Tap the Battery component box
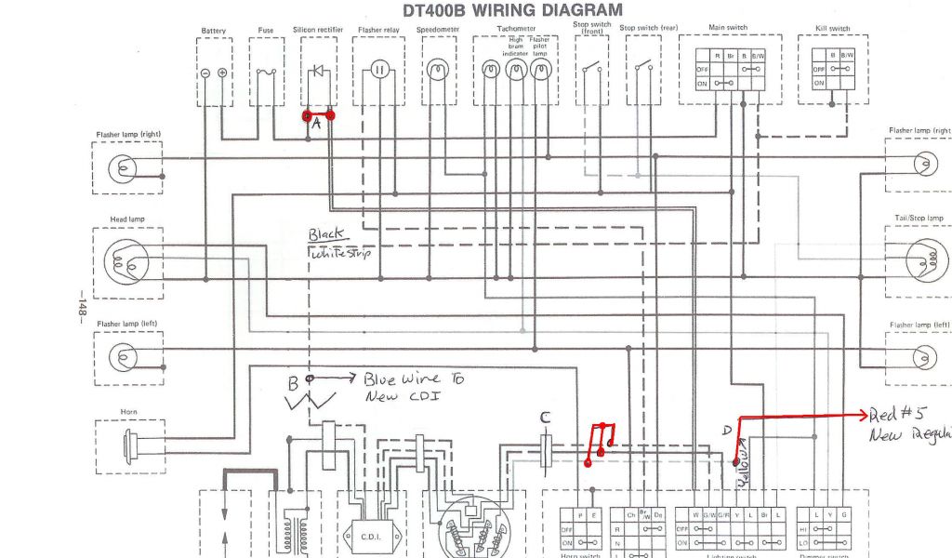click(x=213, y=72)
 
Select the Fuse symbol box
click(x=266, y=72)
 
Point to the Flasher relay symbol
click(x=378, y=70)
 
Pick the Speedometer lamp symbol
click(x=436, y=70)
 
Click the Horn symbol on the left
click(x=130, y=445)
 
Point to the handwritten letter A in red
click(x=316, y=124)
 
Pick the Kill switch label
click(x=832, y=29)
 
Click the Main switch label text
click(x=728, y=28)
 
